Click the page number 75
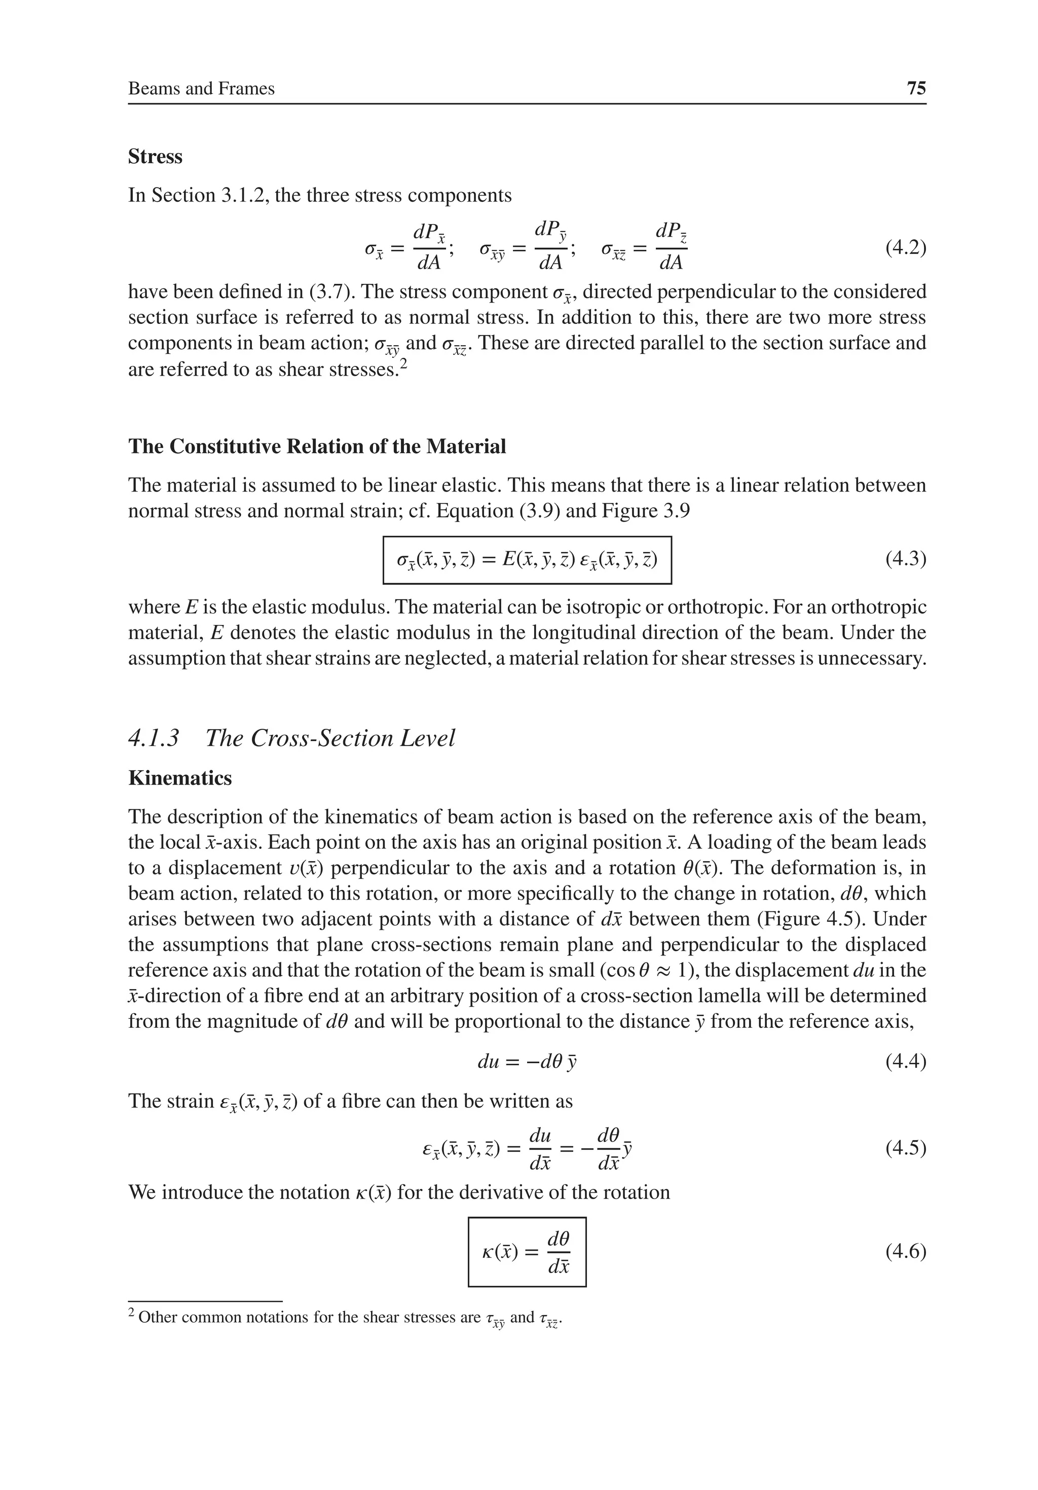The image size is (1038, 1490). pyautogui.click(x=915, y=88)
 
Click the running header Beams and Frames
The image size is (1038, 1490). pyautogui.click(x=201, y=88)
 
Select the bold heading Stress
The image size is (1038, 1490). pyautogui.click(x=155, y=157)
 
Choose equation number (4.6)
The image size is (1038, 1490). pyautogui.click(x=905, y=1251)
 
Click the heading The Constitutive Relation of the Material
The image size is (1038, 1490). pyautogui.click(x=317, y=446)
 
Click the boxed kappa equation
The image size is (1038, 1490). pyautogui.click(x=527, y=1252)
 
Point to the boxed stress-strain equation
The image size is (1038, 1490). pyautogui.click(x=527, y=560)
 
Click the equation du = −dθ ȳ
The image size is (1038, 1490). pyautogui.click(x=527, y=1062)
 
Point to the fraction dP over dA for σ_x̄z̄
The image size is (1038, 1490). pyautogui.click(x=671, y=247)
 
